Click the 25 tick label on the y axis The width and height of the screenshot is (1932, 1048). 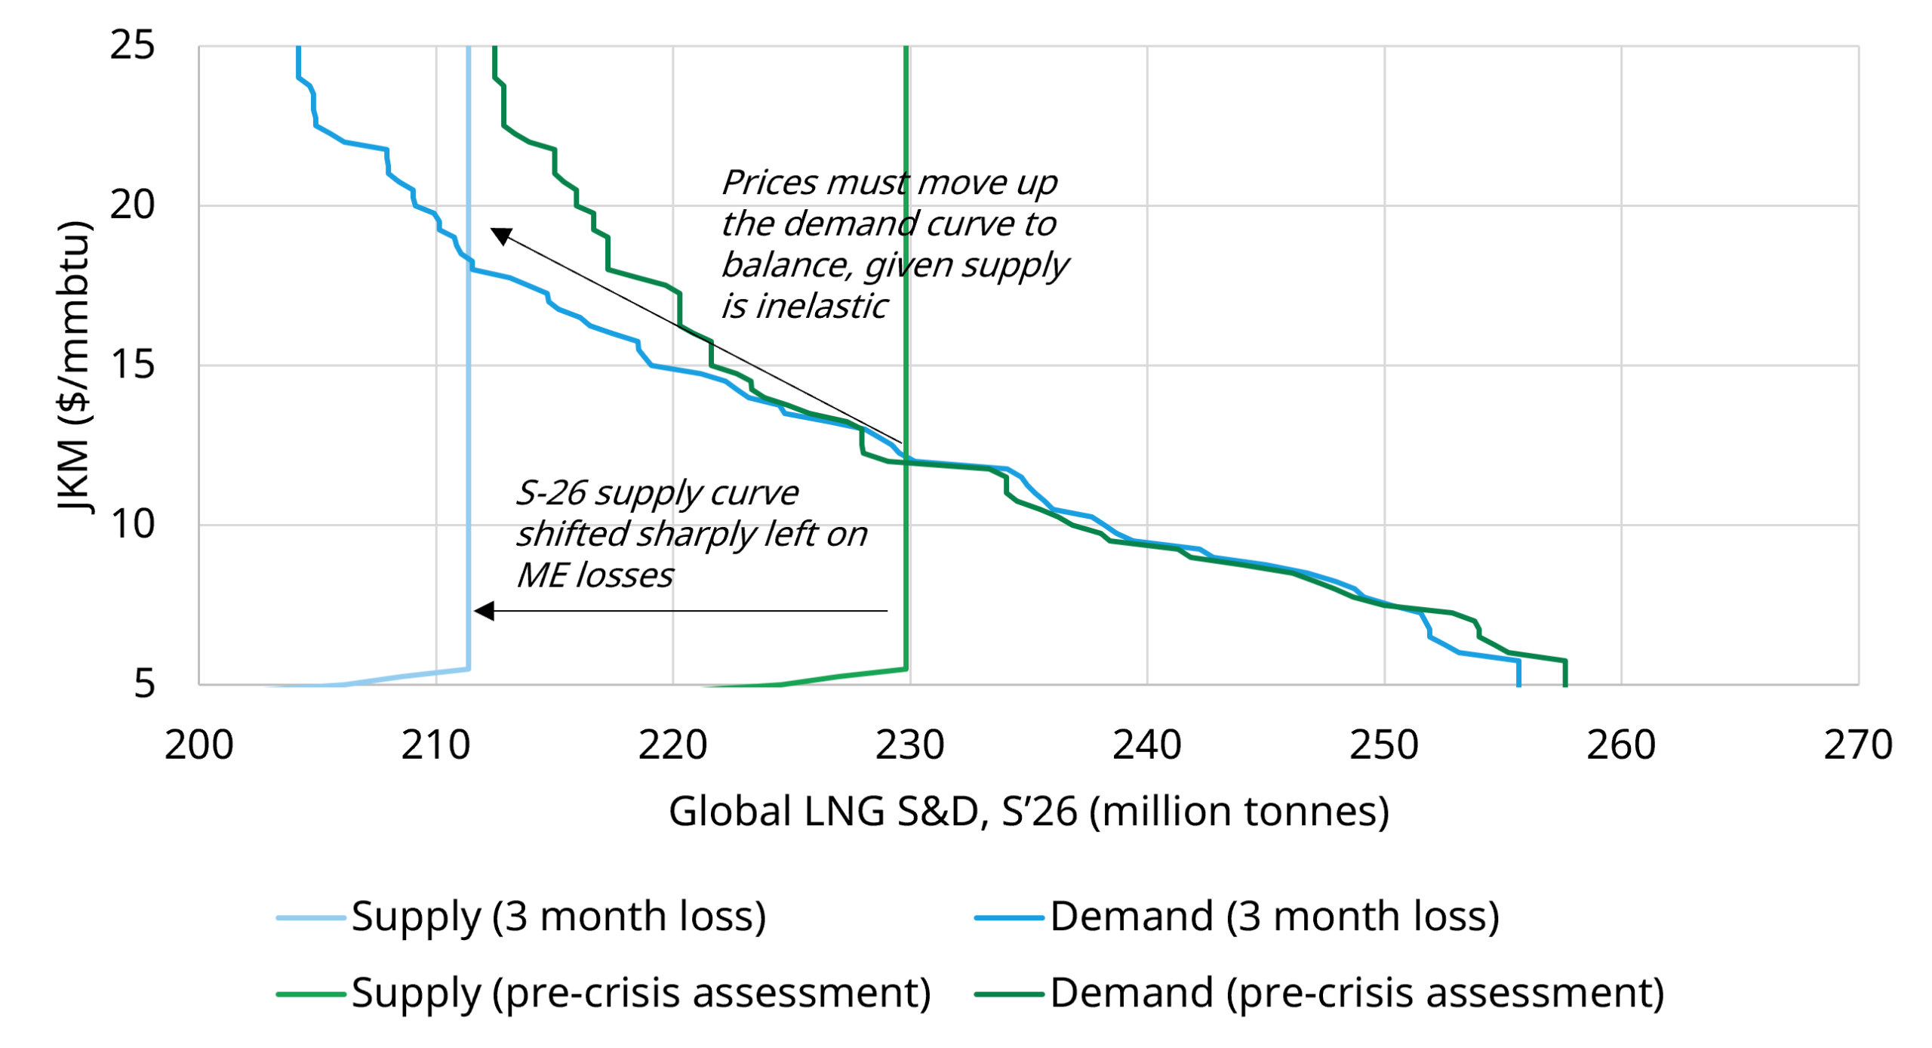tap(132, 45)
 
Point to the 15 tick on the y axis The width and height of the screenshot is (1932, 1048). tap(132, 365)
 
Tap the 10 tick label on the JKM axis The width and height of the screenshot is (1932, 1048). tap(132, 525)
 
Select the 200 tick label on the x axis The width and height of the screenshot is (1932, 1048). tap(198, 746)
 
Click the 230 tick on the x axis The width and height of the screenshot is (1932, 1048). tap(909, 746)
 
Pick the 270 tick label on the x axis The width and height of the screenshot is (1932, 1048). tap(1857, 746)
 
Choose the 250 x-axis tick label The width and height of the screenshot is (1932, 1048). tap(1383, 746)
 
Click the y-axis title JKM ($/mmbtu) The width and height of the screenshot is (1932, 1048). tap(74, 366)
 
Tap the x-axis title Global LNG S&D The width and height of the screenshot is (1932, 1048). tap(1028, 812)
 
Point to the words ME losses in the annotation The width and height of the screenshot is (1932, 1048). tap(595, 576)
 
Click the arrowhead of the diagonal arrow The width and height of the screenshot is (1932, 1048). tap(501, 236)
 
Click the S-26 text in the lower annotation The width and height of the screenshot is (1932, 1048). tap(551, 494)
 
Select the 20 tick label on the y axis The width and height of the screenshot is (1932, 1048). tap(132, 205)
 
